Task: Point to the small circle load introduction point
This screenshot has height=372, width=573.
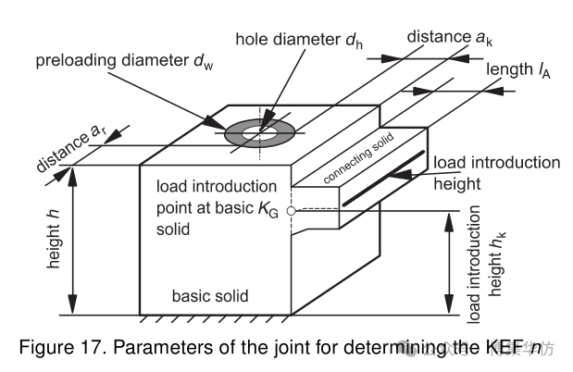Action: point(291,211)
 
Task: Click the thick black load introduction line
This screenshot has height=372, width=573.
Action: point(383,177)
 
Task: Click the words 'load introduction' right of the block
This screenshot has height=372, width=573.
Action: point(496,163)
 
